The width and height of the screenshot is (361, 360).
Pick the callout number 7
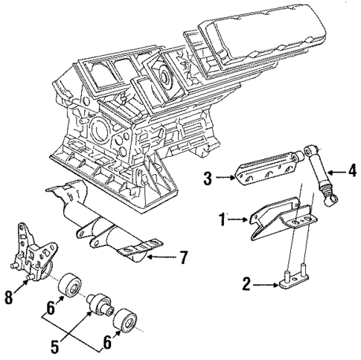tap(182, 258)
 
